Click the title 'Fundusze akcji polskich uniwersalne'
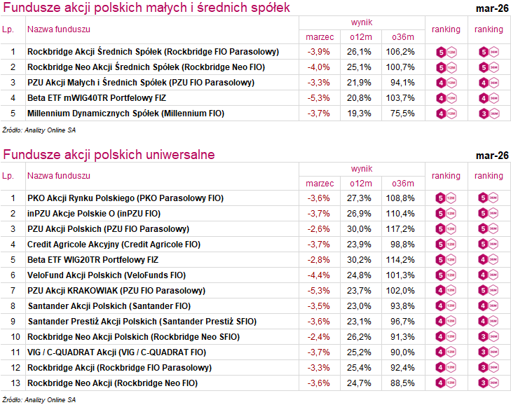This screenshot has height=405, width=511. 109,155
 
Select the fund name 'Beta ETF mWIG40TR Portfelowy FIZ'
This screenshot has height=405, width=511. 98,97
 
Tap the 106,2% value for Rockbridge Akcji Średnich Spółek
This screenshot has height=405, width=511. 402,52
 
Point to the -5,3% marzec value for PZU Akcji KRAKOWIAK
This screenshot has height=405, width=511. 319,291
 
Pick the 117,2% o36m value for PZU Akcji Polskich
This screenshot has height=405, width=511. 402,229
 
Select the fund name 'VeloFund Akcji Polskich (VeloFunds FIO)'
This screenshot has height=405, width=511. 107,275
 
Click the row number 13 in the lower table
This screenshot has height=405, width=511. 13,383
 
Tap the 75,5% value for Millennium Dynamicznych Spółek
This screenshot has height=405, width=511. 402,113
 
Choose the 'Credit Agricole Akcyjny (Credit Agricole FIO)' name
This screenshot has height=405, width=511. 114,245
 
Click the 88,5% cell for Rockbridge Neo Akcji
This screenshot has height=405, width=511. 402,383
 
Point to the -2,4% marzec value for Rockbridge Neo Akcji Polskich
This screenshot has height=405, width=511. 319,337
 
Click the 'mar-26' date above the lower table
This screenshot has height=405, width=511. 491,155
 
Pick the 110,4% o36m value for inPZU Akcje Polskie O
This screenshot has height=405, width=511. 402,214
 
